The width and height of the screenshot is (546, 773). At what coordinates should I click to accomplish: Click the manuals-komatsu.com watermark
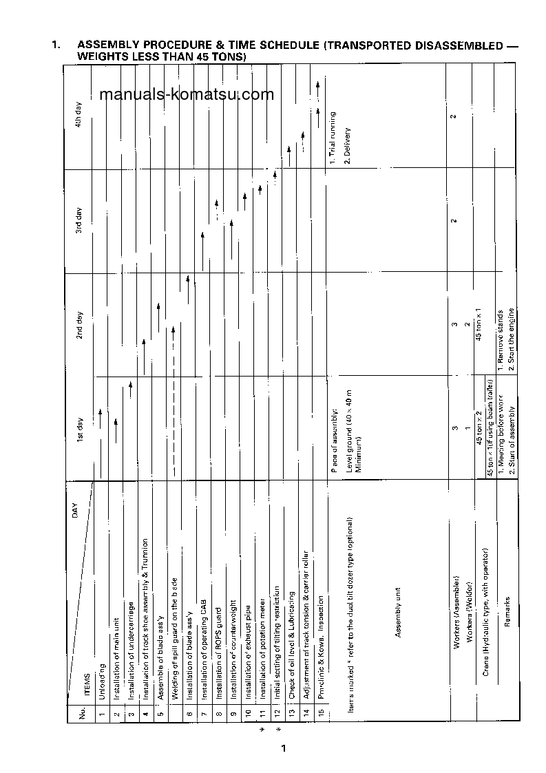pos(186,95)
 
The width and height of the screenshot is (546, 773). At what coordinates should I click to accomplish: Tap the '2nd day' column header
pos(79,324)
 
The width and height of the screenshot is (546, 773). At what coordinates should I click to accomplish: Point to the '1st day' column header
pos(79,428)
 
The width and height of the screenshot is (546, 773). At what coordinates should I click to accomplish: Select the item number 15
pos(321,712)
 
